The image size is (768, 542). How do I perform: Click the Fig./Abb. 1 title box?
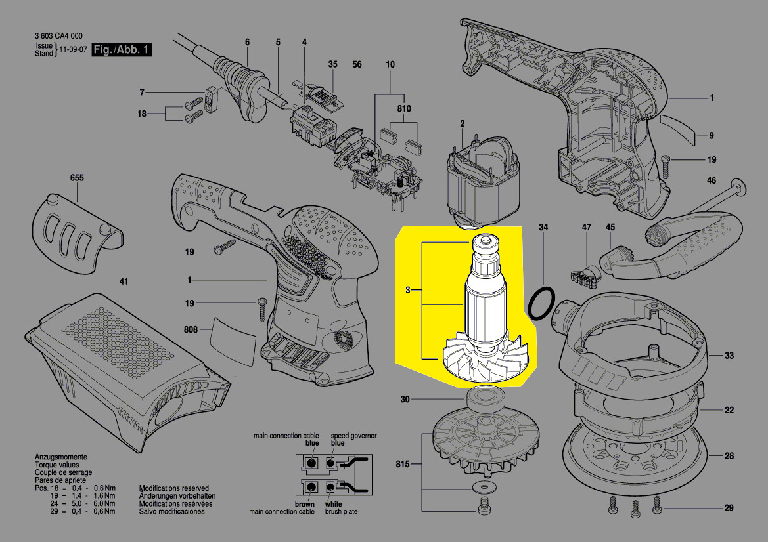pyautogui.click(x=122, y=50)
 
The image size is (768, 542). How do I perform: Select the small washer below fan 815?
pyautogui.click(x=482, y=488)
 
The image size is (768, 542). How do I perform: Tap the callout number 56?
pyautogui.click(x=357, y=64)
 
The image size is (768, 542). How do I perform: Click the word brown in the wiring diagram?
pyautogui.click(x=305, y=504)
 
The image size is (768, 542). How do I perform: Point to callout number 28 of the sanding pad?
pyautogui.click(x=729, y=456)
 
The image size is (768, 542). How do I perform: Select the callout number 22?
pyautogui.click(x=729, y=410)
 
